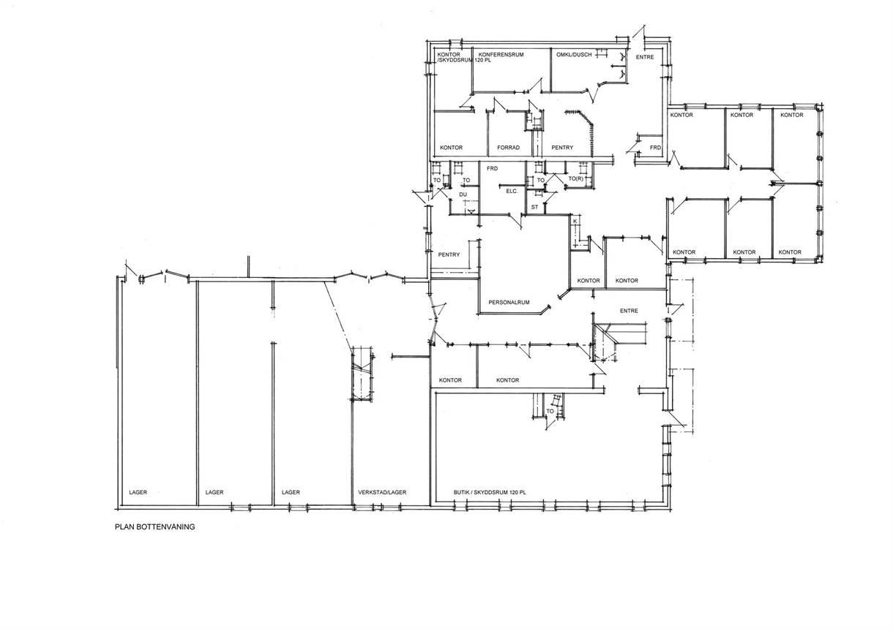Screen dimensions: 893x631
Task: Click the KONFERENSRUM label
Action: [x=501, y=55]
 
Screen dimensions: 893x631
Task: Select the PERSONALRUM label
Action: [x=509, y=302]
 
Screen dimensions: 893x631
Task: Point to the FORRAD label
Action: [x=508, y=148]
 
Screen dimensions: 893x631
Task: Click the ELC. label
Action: [x=512, y=191]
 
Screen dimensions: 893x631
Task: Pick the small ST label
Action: [x=534, y=207]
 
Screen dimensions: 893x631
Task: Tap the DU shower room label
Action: [x=463, y=194]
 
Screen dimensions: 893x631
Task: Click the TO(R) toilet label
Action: [x=575, y=178]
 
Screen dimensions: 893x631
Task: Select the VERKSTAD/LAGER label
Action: [x=382, y=493]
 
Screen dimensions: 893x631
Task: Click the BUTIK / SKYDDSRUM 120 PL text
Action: [x=490, y=493]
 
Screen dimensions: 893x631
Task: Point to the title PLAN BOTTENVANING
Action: [x=154, y=527]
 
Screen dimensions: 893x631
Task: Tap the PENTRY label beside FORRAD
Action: [x=562, y=148]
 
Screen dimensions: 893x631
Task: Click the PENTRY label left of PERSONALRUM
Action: [x=449, y=254]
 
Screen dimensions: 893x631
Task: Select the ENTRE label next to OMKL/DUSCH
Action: [x=645, y=57]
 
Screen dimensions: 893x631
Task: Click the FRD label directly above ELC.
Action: [x=493, y=168]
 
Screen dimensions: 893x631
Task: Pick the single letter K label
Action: [x=575, y=221]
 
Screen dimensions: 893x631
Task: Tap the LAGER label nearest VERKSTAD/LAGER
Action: [x=291, y=493]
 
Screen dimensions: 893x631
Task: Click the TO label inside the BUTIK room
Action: [x=550, y=411]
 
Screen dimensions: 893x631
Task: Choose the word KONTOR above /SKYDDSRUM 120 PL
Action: [x=449, y=55]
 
